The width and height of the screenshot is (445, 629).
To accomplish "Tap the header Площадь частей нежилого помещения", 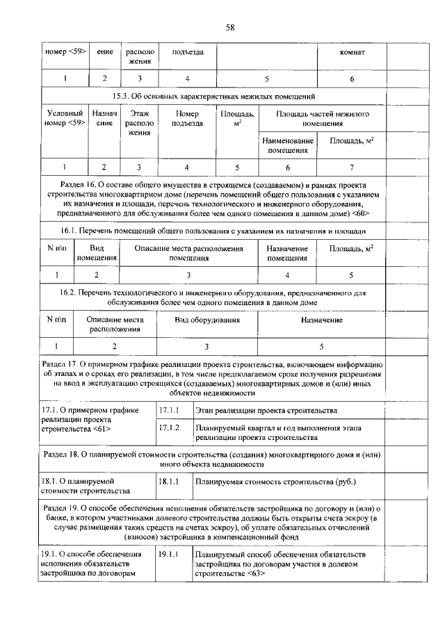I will (322, 119).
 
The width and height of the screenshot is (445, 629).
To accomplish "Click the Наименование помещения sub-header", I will (288, 145).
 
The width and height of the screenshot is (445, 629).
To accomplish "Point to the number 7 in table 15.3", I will (351, 167).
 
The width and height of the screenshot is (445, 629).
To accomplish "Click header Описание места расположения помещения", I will (188, 253).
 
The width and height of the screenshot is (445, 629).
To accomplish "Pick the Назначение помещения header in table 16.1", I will (288, 253).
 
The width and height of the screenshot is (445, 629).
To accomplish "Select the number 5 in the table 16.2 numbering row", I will (321, 345).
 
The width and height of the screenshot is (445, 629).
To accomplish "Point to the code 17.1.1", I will (170, 411).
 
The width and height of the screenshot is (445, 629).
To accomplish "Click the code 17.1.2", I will (170, 427).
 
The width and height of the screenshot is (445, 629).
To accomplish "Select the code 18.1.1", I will (170, 481).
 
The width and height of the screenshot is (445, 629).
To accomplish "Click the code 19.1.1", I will (170, 555).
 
